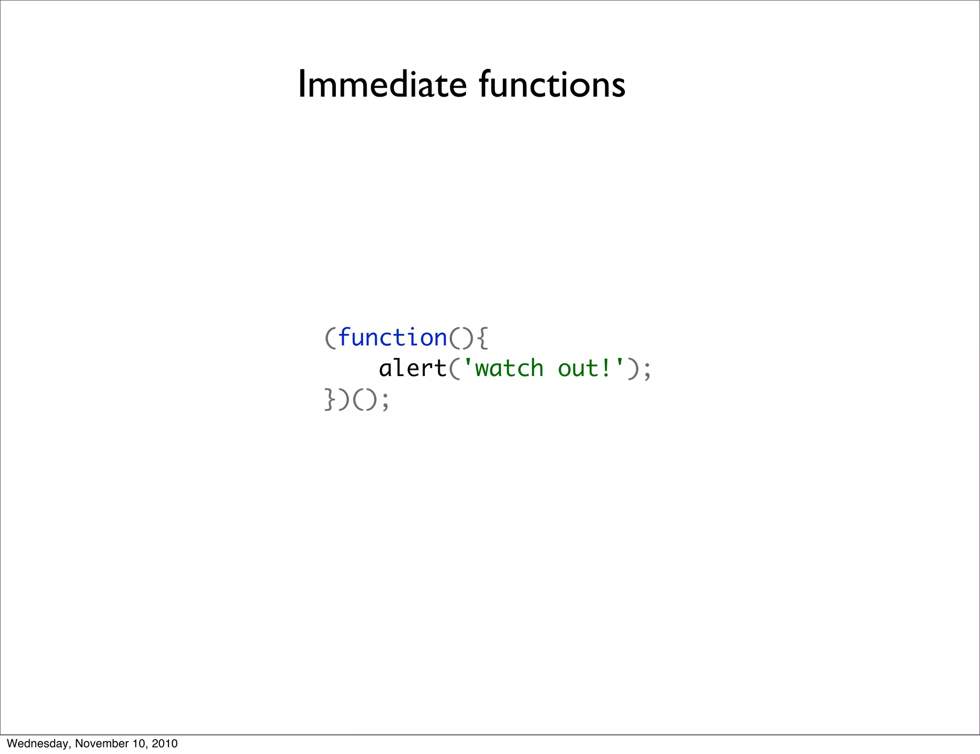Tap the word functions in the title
point(552,85)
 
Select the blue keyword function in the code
point(392,338)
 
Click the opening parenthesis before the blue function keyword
point(330,338)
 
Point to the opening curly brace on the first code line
point(482,338)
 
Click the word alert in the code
point(412,368)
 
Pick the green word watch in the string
point(510,368)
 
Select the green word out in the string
point(578,369)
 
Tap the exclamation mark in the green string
point(605,368)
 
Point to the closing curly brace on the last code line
point(330,399)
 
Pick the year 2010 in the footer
point(164,743)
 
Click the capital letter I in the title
point(301,85)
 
